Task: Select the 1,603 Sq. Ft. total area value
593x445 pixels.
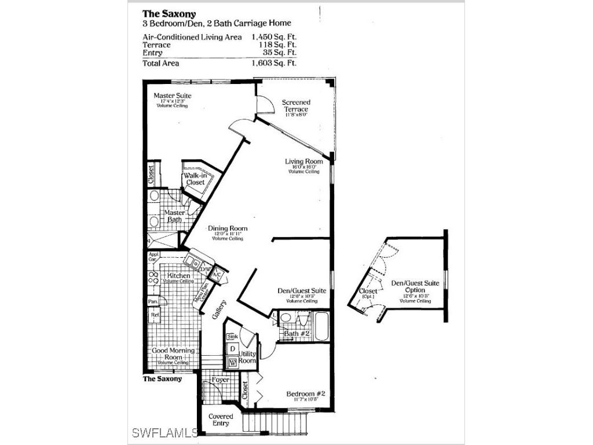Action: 274,63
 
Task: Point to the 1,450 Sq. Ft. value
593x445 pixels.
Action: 274,37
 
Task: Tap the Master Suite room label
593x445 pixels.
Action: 172,96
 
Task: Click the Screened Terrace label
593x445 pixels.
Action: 295,106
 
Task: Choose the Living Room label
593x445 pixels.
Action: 303,162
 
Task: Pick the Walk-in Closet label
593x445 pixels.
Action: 195,179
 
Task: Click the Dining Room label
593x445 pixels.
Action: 228,228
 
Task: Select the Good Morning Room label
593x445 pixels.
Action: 170,354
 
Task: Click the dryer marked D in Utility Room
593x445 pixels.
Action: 232,349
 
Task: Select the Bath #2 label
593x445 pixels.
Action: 298,334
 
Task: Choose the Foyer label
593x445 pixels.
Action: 220,380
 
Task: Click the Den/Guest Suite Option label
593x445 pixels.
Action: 415,286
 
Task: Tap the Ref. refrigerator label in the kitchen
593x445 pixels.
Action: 155,315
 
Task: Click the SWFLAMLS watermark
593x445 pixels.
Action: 165,432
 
